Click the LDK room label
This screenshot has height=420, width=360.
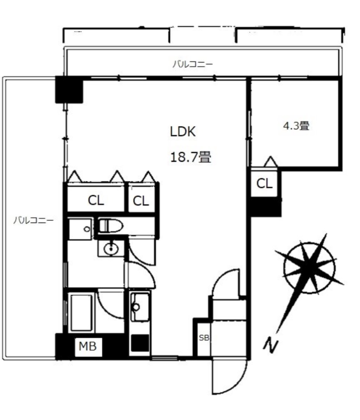pos(183,132)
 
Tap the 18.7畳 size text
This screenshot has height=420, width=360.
pos(191,157)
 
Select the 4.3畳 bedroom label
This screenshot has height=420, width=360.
pos(296,126)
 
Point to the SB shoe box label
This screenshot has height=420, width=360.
pos(204,338)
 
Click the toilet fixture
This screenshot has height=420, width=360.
pos(111,226)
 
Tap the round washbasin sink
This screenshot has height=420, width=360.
pos(111,249)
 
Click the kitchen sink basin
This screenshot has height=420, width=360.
pos(140,307)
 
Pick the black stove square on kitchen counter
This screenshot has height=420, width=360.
pos(140,343)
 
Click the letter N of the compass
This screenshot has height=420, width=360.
pos(271,346)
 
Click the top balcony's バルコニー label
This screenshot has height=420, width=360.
pos(193,64)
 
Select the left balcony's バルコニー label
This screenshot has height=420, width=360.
pos(33,220)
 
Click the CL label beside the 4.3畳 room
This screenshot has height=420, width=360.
pos(264,183)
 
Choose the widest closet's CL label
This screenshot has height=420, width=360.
pos(96,200)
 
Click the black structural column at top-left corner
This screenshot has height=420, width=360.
pos(69,89)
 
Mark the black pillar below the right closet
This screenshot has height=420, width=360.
pos(266,207)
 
